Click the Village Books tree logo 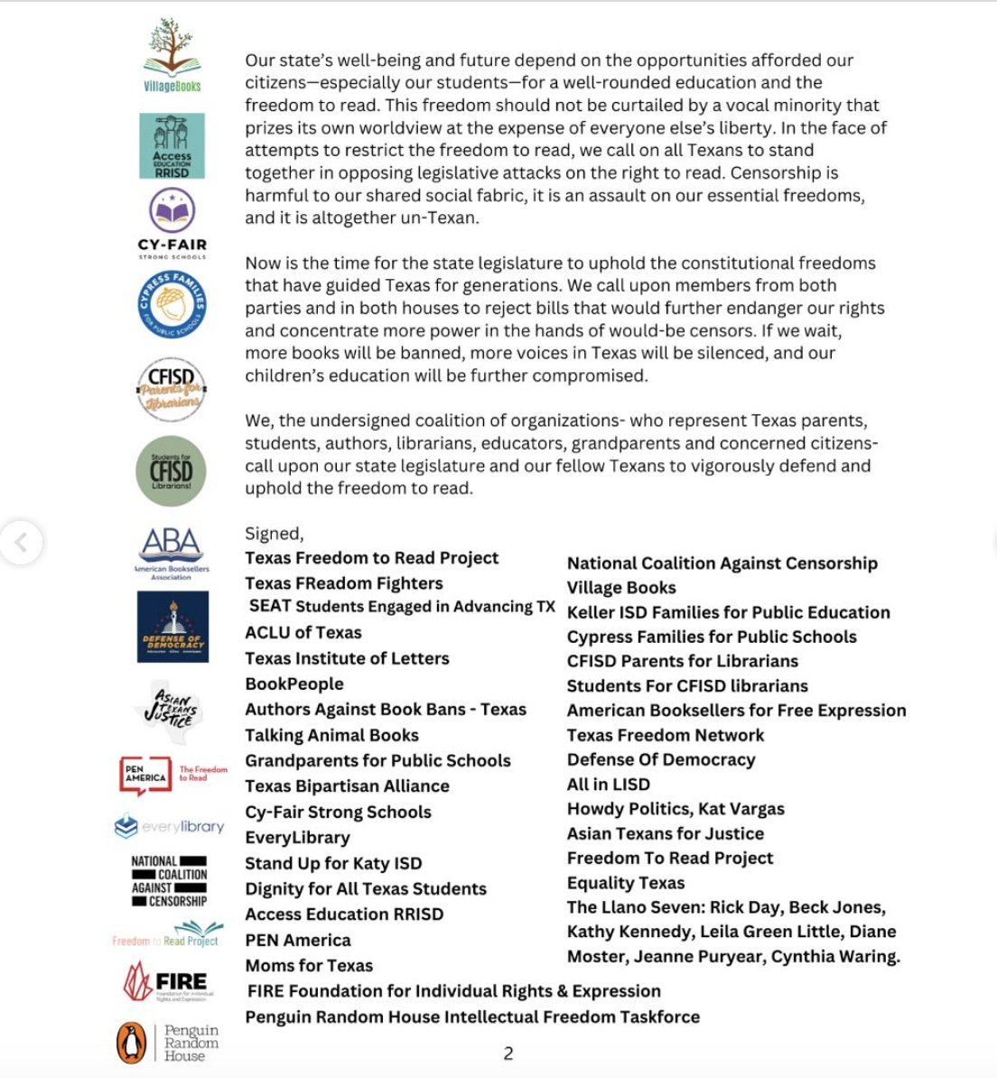[x=172, y=54]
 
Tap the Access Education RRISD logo [x=172, y=146]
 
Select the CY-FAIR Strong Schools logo [x=172, y=222]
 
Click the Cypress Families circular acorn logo [x=172, y=305]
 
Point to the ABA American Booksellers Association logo [x=172, y=552]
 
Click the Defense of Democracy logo [x=172, y=627]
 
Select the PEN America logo [x=146, y=776]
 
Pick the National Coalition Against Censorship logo [x=169, y=881]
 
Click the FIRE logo [x=167, y=981]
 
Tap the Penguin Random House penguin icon [x=132, y=1043]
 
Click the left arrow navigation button [x=21, y=542]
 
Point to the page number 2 [x=508, y=1053]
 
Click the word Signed [x=273, y=534]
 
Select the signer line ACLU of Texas [x=303, y=633]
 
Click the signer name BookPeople [x=294, y=684]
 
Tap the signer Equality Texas [x=626, y=883]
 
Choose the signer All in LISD [x=609, y=785]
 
